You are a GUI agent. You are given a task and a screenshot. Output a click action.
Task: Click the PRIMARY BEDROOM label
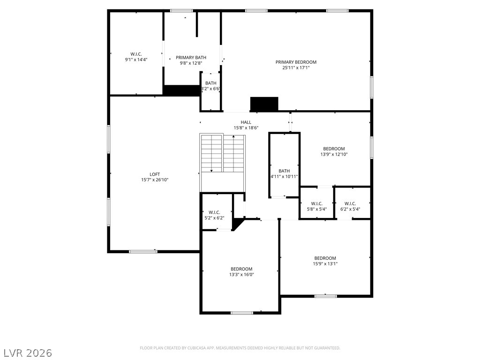(x=296, y=62)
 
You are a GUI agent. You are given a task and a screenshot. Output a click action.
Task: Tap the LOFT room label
(x=155, y=174)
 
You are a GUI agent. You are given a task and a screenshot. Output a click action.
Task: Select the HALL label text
(x=246, y=122)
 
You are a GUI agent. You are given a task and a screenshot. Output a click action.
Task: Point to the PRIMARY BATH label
(x=191, y=58)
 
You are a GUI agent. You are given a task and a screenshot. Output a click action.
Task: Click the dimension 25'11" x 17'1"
(x=296, y=68)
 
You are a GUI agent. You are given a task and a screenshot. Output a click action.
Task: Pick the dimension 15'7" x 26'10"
(x=155, y=180)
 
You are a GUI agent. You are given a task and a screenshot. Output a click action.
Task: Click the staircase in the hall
(x=223, y=153)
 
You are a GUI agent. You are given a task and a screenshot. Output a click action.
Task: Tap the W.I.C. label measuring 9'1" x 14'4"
(x=136, y=53)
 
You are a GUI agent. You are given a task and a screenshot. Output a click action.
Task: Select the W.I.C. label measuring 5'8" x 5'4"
(x=316, y=203)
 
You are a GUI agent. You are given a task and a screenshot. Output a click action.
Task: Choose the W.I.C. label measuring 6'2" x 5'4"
(x=350, y=203)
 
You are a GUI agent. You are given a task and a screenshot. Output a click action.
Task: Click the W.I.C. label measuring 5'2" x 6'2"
(x=215, y=212)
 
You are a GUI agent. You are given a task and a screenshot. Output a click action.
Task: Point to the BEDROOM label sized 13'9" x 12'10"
(x=334, y=149)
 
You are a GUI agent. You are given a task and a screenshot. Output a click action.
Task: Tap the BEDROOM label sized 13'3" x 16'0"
(x=241, y=269)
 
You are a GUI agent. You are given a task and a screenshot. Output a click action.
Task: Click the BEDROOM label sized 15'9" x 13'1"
(x=325, y=258)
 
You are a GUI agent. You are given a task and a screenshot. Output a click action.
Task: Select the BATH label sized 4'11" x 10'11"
(x=284, y=171)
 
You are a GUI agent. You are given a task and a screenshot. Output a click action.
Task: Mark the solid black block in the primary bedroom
(x=264, y=104)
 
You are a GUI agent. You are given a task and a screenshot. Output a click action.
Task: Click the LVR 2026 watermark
(x=28, y=352)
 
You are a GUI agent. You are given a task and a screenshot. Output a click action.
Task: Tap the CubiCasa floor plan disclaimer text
(x=240, y=348)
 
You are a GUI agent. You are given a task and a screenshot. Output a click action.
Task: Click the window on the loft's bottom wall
(x=143, y=252)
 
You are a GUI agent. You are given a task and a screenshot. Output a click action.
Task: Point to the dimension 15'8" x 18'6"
(x=246, y=128)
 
